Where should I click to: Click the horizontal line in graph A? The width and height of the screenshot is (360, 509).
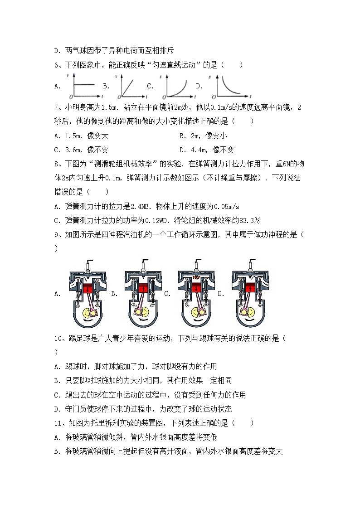tap(84, 85)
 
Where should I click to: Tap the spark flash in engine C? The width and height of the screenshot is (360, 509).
tap(197, 276)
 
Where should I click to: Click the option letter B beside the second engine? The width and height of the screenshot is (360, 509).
tap(114, 294)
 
